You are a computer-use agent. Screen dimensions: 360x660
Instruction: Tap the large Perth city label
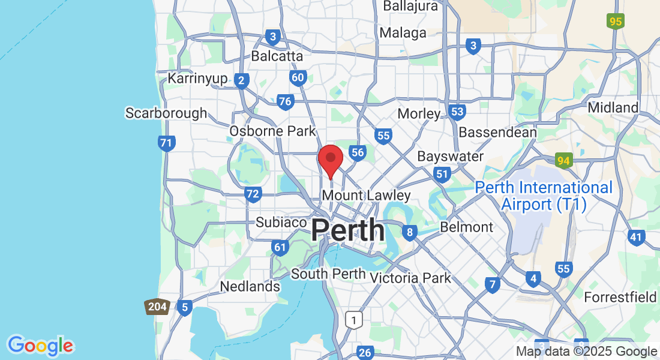point(348,230)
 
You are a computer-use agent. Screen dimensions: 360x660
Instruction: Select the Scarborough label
point(166,113)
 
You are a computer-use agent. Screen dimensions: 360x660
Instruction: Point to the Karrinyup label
point(197,78)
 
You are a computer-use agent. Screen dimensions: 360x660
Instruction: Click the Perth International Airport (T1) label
point(544,196)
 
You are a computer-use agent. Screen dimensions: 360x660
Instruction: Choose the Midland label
point(613,107)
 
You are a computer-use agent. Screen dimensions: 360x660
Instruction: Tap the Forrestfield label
point(620,297)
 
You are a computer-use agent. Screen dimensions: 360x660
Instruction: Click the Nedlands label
point(250,286)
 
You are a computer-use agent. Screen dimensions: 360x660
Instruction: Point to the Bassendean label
point(497,131)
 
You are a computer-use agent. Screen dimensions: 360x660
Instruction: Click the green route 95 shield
point(615,22)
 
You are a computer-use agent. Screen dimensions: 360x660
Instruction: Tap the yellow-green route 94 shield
point(563,160)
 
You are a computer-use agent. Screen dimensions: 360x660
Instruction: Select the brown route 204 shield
point(157,307)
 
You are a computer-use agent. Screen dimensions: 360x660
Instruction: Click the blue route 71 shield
point(167,143)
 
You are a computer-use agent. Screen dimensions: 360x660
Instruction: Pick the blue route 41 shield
point(636,237)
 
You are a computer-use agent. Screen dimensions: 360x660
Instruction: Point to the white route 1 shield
point(354,320)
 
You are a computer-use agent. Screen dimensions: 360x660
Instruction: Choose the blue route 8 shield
point(410,232)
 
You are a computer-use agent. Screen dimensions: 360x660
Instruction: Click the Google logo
point(40,345)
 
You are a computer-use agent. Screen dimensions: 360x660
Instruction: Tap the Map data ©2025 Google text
point(586,352)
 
